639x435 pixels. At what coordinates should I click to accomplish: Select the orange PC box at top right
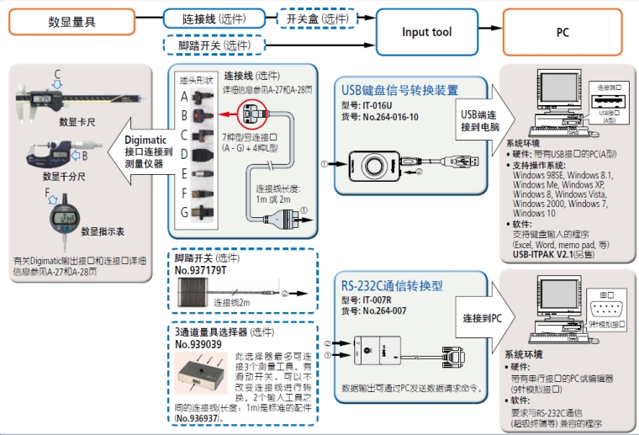click(x=562, y=33)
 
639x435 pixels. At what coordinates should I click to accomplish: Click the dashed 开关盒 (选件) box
click(x=316, y=18)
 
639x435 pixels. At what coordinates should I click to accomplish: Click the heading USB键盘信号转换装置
click(x=399, y=91)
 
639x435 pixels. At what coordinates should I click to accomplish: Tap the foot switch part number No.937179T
click(x=200, y=271)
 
